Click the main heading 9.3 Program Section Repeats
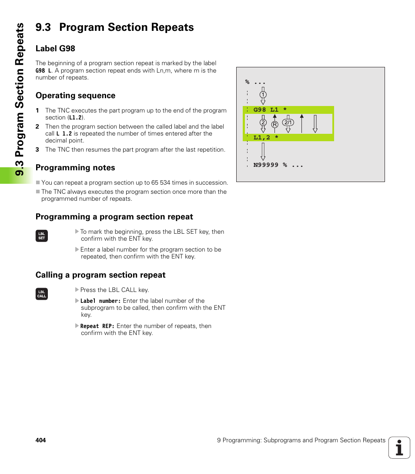114,27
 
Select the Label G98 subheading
55,49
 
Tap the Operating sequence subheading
75,96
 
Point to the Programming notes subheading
75,168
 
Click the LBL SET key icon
42,236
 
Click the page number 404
40,440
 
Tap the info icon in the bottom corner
399,447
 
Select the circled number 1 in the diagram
263,95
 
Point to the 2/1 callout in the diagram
288,123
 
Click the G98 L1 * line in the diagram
270,110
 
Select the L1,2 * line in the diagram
266,137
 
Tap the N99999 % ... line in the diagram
278,165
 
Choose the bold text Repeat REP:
97,326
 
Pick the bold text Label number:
100,301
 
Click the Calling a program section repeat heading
100,275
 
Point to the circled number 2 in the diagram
263,123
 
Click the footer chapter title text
301,440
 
